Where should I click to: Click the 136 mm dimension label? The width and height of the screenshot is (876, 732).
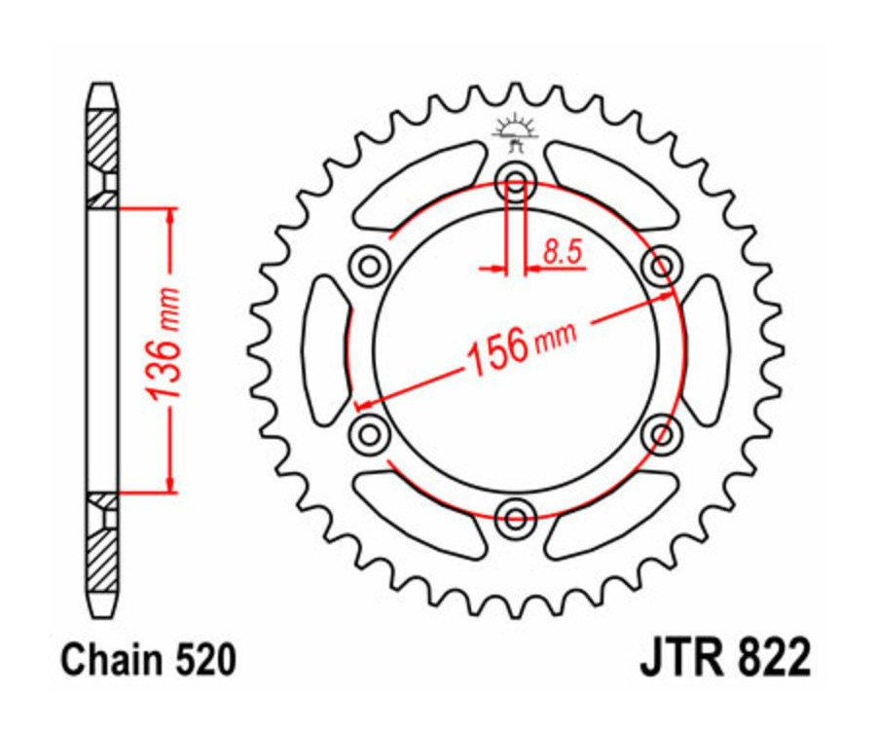164,346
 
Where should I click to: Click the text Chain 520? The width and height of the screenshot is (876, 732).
148,661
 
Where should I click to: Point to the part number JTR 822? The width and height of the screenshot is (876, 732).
724,661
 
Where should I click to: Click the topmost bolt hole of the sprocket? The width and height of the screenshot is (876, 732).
515,182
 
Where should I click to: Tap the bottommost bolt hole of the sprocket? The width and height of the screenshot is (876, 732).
515,513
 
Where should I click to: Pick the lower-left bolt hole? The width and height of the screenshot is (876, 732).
369,430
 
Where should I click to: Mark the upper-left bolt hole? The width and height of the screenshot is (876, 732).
369,264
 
